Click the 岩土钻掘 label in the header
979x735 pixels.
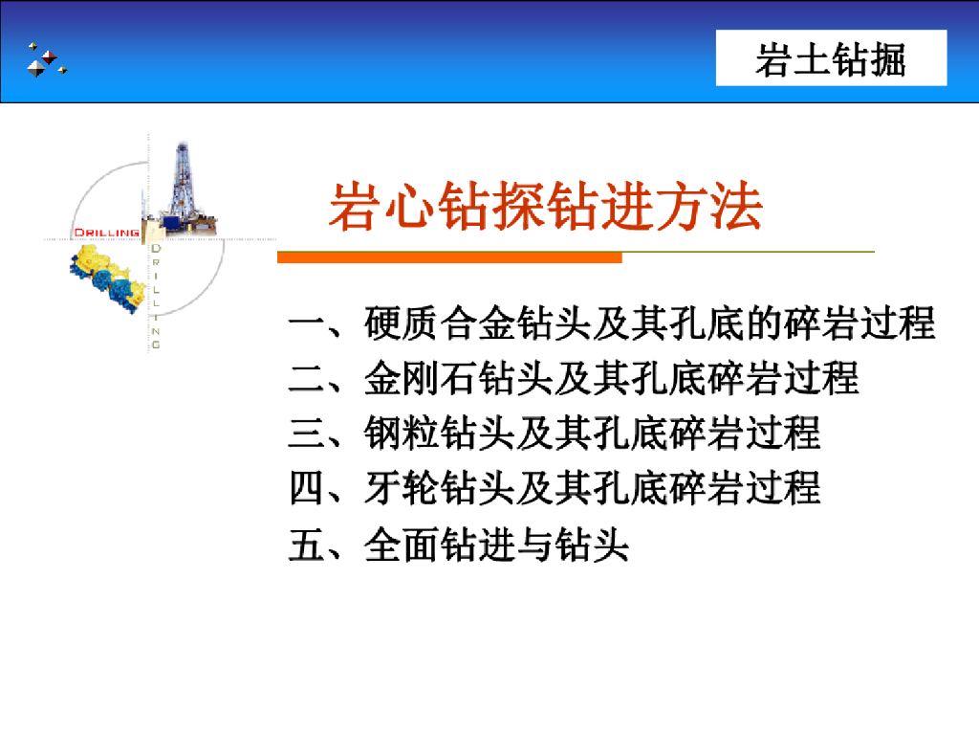(x=831, y=59)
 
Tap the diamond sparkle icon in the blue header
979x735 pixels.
(x=45, y=59)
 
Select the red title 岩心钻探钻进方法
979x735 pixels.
(x=545, y=207)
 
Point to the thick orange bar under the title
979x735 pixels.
(x=449, y=257)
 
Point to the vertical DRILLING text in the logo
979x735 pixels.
(x=156, y=297)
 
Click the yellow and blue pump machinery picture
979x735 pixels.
(x=107, y=278)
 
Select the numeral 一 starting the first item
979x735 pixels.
(x=307, y=324)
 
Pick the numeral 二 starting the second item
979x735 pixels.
(x=307, y=379)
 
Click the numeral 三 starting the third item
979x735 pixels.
(x=307, y=434)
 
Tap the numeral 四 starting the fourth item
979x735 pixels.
(x=307, y=489)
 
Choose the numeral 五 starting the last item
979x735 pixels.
(x=307, y=545)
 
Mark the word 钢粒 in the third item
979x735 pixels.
(x=402, y=434)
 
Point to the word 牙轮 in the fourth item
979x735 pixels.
(x=402, y=489)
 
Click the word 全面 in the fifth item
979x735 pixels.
(x=402, y=545)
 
